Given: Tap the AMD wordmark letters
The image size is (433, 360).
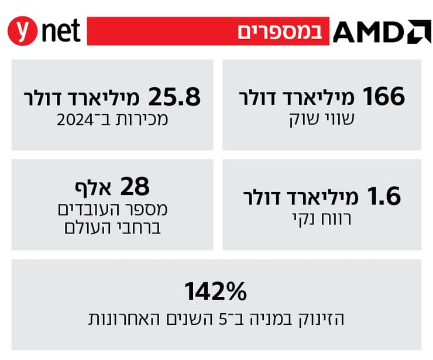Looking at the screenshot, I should coord(369,32).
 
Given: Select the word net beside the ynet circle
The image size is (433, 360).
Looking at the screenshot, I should coord(61,31).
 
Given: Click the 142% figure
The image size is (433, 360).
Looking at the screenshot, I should coord(216,290).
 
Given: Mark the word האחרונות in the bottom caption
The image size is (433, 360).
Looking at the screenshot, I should coord(120,320).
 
